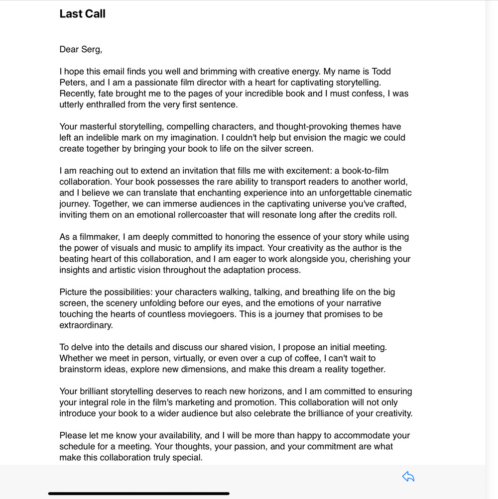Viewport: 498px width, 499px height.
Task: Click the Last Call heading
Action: click(82, 14)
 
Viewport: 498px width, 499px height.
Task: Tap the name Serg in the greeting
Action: click(90, 49)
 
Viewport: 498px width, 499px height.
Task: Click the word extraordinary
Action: click(86, 325)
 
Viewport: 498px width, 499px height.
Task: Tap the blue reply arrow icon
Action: click(408, 477)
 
